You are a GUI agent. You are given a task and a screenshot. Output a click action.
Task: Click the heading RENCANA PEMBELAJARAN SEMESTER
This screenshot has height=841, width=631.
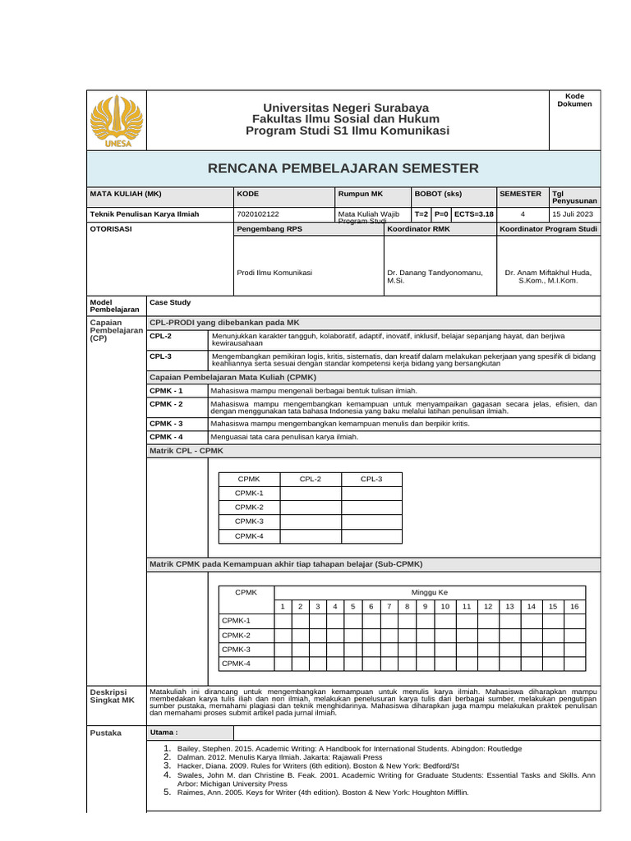pos(343,168)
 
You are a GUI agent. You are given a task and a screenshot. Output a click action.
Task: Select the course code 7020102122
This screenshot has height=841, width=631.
pos(257,214)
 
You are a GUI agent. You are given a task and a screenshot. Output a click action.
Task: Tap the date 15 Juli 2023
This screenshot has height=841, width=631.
pos(574,214)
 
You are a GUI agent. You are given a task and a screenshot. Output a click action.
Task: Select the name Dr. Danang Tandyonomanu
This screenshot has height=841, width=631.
pos(434,272)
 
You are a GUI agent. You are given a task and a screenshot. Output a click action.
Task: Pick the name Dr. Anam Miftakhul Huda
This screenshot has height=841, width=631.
pos(548,272)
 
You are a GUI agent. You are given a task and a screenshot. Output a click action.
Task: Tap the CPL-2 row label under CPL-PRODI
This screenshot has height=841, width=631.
pos(161,336)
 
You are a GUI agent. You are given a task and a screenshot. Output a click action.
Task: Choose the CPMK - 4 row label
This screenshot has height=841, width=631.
pos(166,436)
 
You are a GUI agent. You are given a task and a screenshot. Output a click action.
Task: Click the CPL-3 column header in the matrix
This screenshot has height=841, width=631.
pos(371,478)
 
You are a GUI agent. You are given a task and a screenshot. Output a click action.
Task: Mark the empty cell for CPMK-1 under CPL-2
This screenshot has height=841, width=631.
pos(311,493)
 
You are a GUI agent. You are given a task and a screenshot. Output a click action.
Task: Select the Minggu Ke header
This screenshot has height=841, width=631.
pos(429,592)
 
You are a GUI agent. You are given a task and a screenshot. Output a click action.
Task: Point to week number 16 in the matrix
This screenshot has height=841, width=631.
pos(574,606)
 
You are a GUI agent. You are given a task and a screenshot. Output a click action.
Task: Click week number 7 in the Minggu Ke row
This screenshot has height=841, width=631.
pos(389,606)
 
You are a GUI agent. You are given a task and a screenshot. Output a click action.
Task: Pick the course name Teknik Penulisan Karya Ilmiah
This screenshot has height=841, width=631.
pos(139,214)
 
